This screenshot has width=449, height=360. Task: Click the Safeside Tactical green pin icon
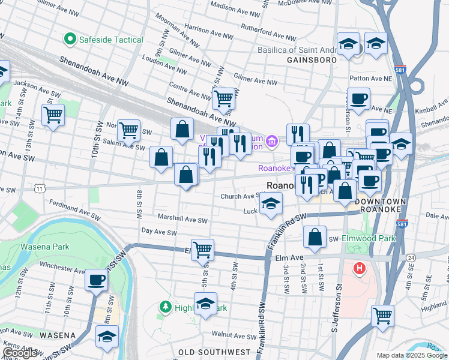click(x=70, y=40)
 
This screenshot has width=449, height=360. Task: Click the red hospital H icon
click(x=360, y=268)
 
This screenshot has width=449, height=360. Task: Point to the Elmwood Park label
click(x=369, y=238)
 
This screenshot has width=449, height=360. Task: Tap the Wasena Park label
click(x=45, y=247)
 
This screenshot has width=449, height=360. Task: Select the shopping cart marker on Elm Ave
click(x=202, y=249)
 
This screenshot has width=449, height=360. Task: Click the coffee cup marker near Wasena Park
click(x=96, y=280)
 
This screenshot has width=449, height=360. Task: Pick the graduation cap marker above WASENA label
click(x=107, y=336)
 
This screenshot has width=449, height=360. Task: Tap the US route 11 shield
click(x=39, y=188)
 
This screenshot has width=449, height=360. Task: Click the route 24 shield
click(x=411, y=257)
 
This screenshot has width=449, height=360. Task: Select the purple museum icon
click(x=272, y=142)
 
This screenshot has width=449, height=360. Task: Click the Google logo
click(x=20, y=353)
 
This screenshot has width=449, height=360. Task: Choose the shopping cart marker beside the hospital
click(x=382, y=314)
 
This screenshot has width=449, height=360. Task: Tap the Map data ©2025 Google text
click(x=411, y=355)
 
